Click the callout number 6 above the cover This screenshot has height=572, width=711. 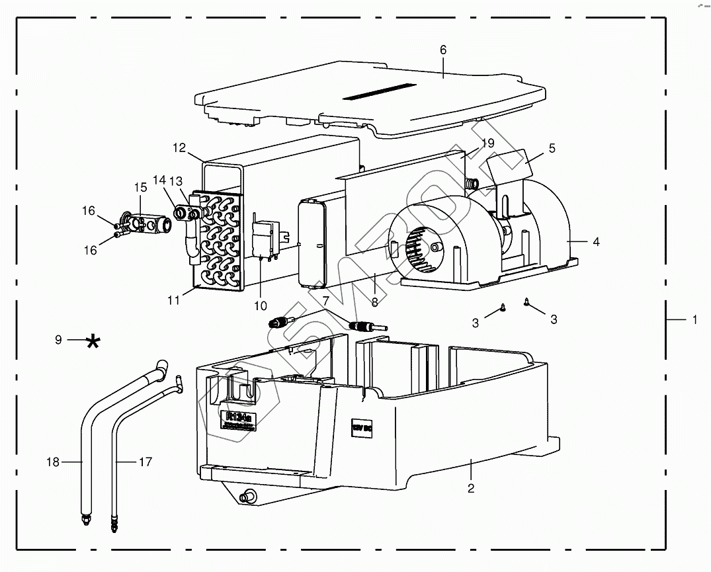[443, 50]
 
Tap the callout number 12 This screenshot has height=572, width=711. [179, 147]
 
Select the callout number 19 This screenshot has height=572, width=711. [487, 143]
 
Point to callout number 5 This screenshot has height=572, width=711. [552, 148]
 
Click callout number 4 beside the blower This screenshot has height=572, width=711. [596, 242]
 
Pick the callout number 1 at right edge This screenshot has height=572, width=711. [694, 320]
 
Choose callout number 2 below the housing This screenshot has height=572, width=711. [470, 489]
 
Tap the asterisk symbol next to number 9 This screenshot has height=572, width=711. [94, 341]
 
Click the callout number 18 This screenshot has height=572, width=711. [52, 462]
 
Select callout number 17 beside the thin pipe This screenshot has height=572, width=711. [146, 462]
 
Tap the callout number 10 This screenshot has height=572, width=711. [260, 306]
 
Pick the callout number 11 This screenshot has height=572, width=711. [174, 300]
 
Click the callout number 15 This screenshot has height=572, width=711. [140, 188]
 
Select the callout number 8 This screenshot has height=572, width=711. [374, 302]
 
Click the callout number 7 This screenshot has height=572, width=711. [325, 302]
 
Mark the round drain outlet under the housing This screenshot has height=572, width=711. [250, 495]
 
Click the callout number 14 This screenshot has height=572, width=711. [159, 180]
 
